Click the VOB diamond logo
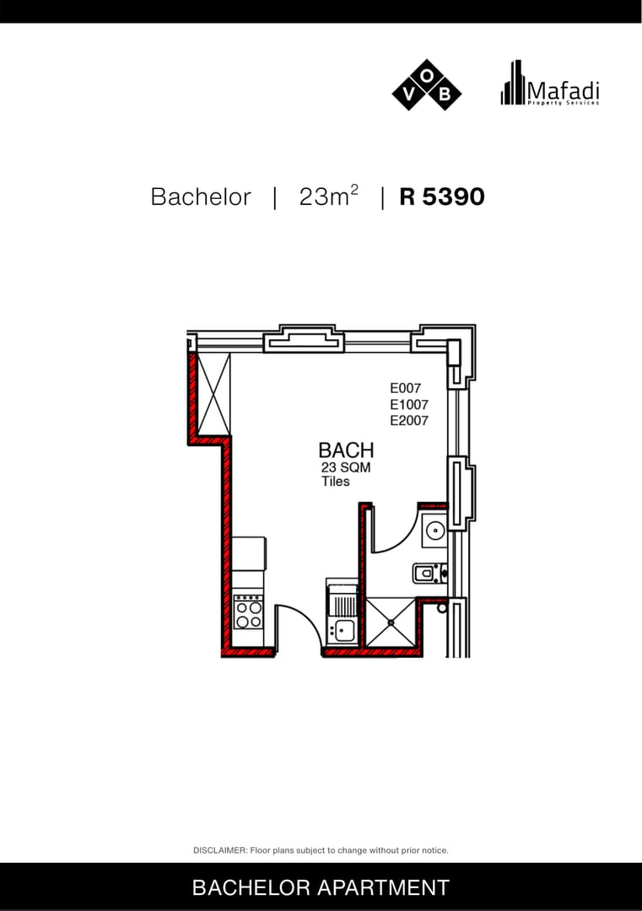(426, 85)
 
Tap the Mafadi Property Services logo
(549, 84)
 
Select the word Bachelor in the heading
(201, 197)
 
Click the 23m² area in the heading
(328, 196)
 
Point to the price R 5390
(441, 197)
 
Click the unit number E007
(406, 388)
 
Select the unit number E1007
(409, 404)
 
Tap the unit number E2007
(409, 420)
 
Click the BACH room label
(346, 450)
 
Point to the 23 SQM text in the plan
(346, 467)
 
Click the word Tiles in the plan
(336, 481)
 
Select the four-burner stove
(249, 612)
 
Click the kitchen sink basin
(343, 629)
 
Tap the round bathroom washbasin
(434, 531)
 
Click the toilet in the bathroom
(429, 574)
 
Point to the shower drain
(391, 623)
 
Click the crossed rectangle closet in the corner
(213, 394)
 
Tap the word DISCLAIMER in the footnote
(220, 850)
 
